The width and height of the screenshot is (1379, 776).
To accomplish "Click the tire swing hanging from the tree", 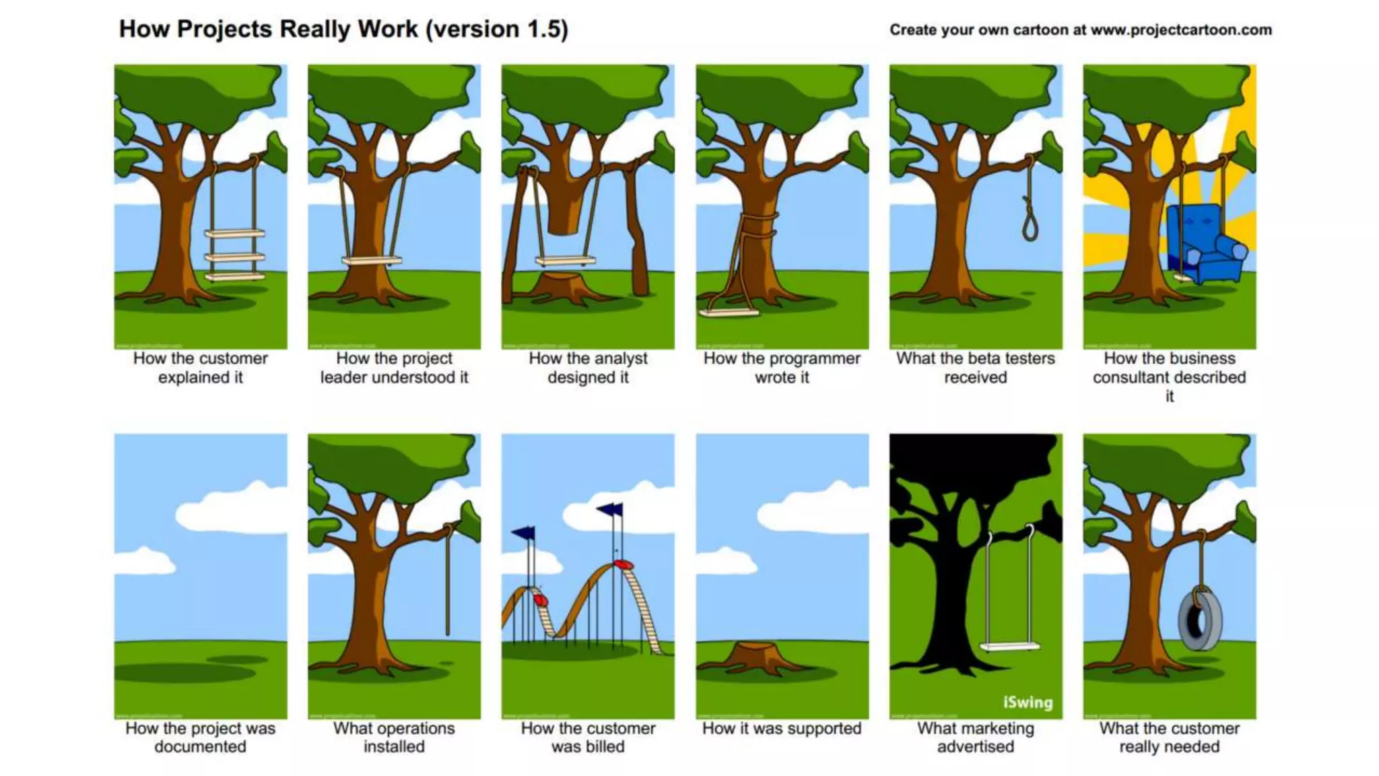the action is point(1199,620).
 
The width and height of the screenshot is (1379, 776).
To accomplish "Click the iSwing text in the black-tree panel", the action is point(1028,703).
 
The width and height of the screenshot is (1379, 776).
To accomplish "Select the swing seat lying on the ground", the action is point(729,312).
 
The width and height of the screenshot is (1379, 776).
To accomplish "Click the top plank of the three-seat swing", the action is point(234,234).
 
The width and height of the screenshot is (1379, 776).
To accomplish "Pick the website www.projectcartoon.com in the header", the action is point(1181,30).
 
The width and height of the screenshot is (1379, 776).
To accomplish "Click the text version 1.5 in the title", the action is point(497,30).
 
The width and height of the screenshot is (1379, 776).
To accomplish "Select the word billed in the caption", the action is point(588,746).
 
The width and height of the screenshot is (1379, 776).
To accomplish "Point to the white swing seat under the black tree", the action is point(1009,647).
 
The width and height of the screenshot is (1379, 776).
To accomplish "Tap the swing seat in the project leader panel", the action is point(372,260).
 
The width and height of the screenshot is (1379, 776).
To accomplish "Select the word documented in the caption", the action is point(200,746).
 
